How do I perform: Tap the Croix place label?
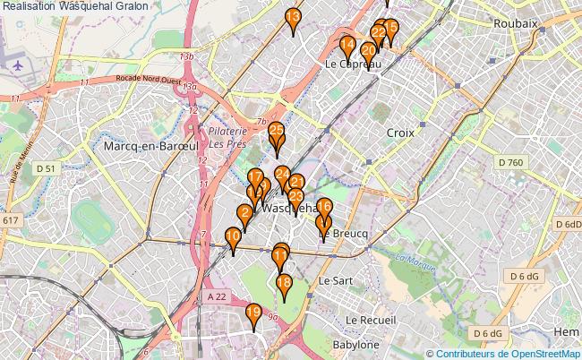(400, 132)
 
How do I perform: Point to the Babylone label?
(355, 344)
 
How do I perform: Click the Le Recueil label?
(376, 320)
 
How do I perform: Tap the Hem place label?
(567, 331)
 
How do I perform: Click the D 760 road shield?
(510, 162)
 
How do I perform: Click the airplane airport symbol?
(20, 64)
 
